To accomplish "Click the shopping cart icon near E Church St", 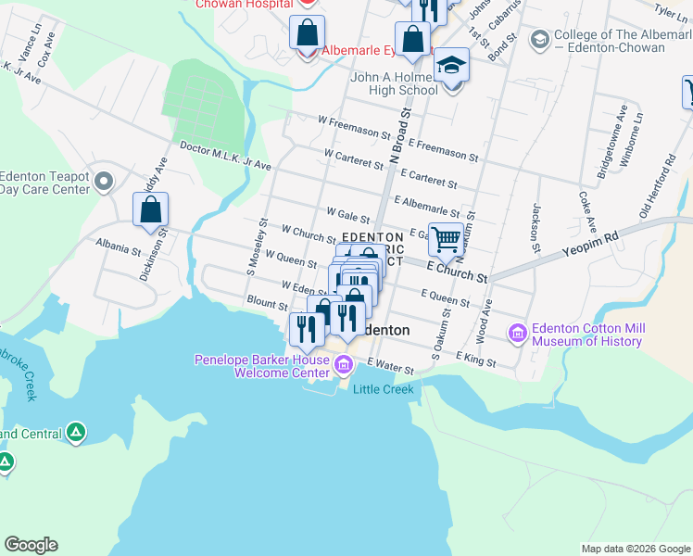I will (447, 239).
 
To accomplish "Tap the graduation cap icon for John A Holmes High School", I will (451, 66).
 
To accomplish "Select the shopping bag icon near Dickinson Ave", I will (150, 210).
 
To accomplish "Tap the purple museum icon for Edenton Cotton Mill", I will (517, 332).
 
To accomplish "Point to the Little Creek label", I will (383, 389).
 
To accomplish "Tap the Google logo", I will (31, 545).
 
